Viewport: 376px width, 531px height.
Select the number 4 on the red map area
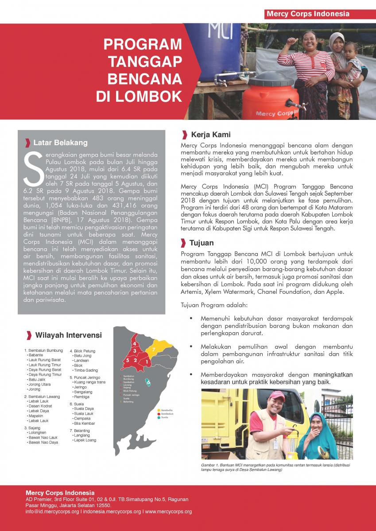pos(134,343)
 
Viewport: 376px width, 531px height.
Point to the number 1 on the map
pos(147,362)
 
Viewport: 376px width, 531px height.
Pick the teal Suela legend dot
pos(159,417)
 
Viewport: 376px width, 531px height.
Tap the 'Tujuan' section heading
pos(201,243)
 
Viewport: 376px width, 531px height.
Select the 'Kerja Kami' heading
pos(210,135)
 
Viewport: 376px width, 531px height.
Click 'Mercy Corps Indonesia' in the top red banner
pos(308,14)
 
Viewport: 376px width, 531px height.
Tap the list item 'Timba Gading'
pos(86,370)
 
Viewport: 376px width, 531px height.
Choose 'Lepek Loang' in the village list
pos(85,440)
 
